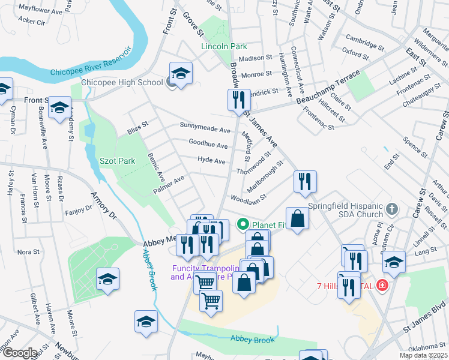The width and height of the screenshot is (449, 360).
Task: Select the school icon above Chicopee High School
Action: pos(181,73)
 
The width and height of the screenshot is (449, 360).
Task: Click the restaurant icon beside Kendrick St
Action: pos(239,100)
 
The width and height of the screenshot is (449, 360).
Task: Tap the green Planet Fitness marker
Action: pos(243,225)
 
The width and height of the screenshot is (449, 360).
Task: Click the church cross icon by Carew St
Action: pos(392,210)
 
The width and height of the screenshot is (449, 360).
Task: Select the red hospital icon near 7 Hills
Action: pos(382,286)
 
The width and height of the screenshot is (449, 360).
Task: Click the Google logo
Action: pos(19,353)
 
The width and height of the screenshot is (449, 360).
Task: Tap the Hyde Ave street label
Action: pos(211,161)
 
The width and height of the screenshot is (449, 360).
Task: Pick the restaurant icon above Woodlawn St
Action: pos(305,182)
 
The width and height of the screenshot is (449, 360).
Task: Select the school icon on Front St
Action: pos(59,108)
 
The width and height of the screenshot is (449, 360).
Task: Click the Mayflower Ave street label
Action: pos(40,11)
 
